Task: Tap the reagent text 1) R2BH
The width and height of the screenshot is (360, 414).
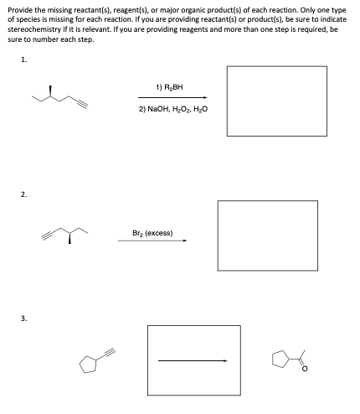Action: (171, 86)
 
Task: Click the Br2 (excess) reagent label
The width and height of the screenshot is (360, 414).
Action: (152, 232)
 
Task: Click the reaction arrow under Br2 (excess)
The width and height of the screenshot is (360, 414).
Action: (152, 242)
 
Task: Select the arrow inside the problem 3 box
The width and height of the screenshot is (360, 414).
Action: (193, 361)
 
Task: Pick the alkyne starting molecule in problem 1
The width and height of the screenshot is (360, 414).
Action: (59, 97)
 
